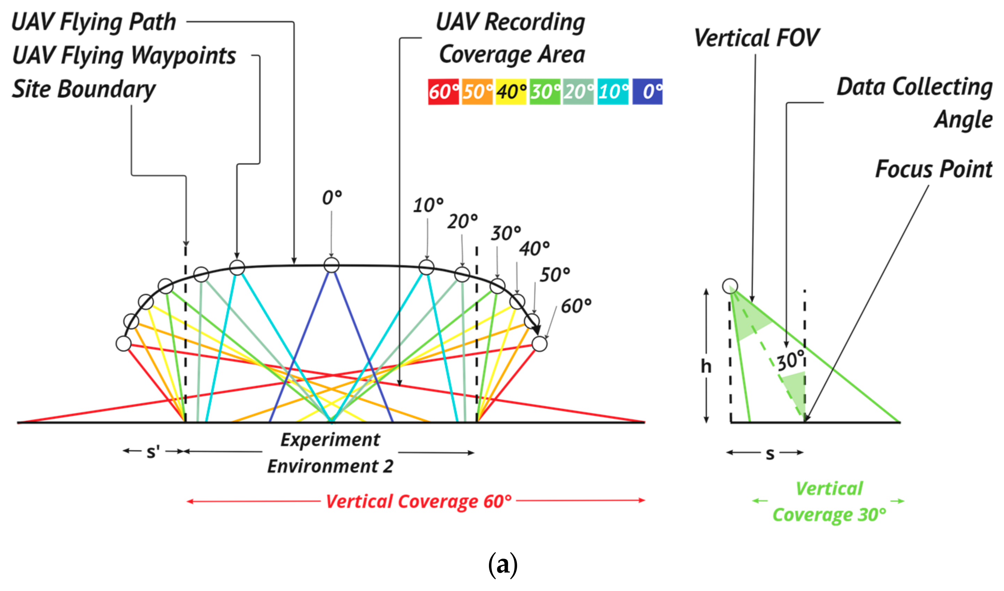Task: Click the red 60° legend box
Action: point(443,92)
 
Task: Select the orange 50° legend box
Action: point(477,92)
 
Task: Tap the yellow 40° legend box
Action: point(511,92)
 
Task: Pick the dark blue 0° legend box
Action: point(647,92)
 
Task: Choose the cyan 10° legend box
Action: point(613,92)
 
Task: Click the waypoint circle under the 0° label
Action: point(332,265)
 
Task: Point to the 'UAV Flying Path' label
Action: point(94,22)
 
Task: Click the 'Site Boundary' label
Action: point(84,89)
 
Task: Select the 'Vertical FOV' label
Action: point(756,38)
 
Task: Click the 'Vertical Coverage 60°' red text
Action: point(418,501)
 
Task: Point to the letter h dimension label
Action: point(706,366)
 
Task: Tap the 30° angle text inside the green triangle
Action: point(791,361)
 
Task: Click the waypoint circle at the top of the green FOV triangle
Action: point(730,286)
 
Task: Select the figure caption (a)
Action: point(503,564)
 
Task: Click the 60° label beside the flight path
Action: point(576,306)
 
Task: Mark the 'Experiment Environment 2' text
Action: point(330,453)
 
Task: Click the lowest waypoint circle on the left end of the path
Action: point(124,343)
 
